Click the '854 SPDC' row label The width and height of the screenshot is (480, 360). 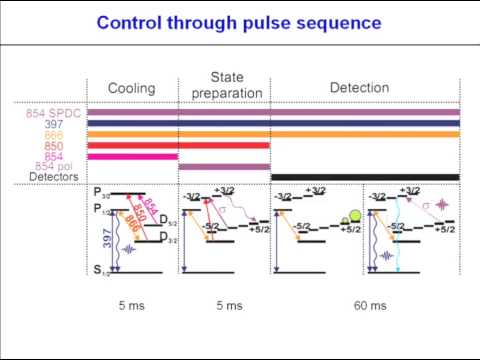(55, 113)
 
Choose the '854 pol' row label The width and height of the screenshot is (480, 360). (61, 166)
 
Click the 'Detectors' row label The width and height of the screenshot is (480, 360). (54, 177)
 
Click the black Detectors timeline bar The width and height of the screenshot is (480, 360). (364, 177)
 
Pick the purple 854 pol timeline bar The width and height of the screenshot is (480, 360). (223, 167)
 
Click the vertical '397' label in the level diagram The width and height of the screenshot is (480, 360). (105, 241)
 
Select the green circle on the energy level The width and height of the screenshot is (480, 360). (352, 215)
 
